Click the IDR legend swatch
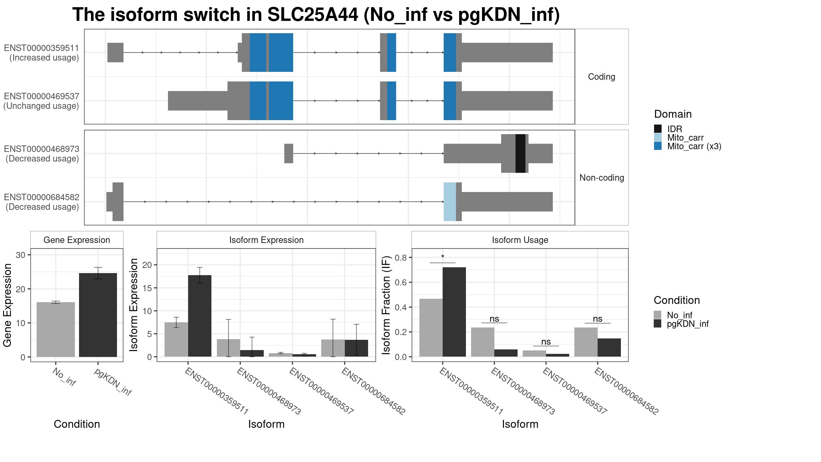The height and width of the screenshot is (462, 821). tap(658, 129)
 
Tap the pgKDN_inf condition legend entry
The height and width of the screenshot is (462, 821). tap(681, 323)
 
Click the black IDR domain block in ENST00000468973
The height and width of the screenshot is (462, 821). tap(520, 153)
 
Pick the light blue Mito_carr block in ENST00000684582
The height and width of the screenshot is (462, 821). tap(450, 202)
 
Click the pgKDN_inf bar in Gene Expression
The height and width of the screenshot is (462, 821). tap(98, 315)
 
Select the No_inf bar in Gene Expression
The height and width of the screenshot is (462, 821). tap(56, 330)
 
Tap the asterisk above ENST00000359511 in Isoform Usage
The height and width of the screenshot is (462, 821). tap(443, 257)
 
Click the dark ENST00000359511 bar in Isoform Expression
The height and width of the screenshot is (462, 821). tap(200, 316)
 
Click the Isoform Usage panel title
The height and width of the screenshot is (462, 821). tap(520, 240)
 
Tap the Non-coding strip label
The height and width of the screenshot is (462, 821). tap(602, 178)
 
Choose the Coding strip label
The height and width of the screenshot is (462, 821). tap(601, 77)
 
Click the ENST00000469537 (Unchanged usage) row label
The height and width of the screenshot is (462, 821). tap(41, 101)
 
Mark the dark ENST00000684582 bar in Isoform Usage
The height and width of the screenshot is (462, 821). tap(609, 347)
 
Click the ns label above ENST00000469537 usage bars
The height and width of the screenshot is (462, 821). tap(546, 342)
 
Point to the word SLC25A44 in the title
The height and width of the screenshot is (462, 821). tap(313, 15)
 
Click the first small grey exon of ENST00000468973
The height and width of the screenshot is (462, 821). tap(289, 153)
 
